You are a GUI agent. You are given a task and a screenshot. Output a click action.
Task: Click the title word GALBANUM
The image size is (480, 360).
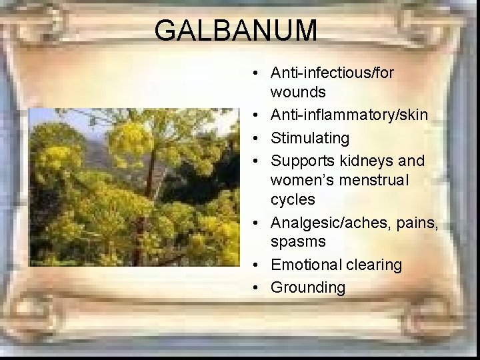235,31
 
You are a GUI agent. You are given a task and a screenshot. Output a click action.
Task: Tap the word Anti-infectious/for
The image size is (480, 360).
332,72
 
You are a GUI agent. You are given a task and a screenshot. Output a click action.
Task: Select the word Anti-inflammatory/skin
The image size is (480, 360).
349,115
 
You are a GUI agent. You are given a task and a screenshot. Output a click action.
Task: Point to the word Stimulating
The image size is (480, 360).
309,139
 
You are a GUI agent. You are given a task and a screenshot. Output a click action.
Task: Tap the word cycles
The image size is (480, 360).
293,199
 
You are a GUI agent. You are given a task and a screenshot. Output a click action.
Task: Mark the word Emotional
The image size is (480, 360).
305,265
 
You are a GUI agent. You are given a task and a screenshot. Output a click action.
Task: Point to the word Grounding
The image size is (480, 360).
308,288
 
